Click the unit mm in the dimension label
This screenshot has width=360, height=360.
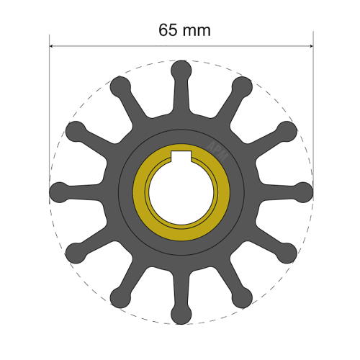199,30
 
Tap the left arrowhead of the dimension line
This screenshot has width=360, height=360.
52,47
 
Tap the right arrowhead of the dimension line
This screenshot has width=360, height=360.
310,47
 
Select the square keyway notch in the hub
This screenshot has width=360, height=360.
181,158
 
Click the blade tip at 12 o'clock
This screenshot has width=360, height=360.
181,71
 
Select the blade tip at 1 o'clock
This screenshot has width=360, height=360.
242,87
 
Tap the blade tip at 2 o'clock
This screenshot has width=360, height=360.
287,131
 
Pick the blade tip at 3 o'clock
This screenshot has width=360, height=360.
304,192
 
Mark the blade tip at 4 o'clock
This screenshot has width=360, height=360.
287,253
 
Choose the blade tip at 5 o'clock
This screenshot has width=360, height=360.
242,297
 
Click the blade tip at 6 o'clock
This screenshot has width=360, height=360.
181,314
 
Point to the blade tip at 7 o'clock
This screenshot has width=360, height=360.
120,297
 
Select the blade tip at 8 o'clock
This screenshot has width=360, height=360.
76,253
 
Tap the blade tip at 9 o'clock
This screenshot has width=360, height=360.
59,192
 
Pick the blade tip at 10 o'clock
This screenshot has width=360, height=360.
76,131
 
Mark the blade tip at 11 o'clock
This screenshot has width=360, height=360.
120,87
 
